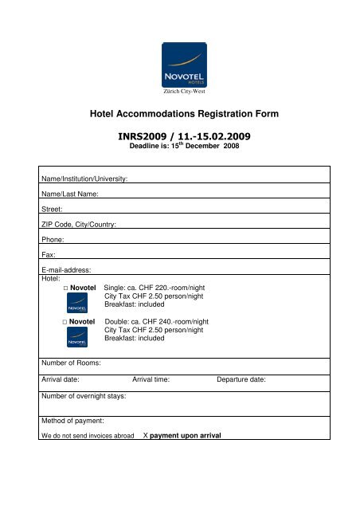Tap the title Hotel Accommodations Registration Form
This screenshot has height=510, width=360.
point(179,115)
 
